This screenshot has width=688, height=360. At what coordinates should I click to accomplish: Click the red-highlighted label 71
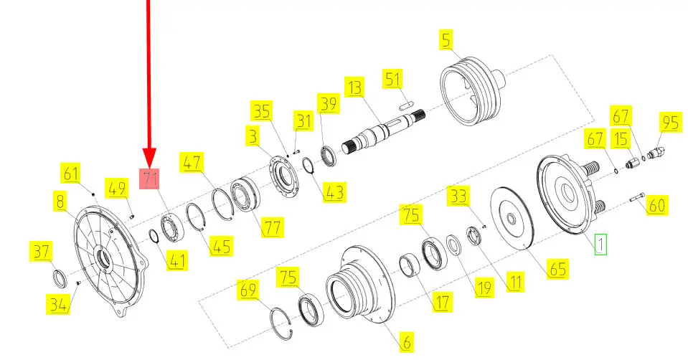click(x=149, y=179)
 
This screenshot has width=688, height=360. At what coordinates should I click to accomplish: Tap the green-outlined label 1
click(x=600, y=245)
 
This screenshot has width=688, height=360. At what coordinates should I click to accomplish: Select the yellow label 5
click(x=446, y=39)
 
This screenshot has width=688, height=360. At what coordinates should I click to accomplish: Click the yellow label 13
click(x=354, y=87)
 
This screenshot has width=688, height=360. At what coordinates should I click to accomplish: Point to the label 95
click(x=671, y=122)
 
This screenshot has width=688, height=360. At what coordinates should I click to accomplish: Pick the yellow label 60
click(x=656, y=205)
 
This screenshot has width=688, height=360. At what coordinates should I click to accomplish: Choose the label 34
click(x=57, y=304)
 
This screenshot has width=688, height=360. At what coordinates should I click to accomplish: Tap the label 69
click(x=248, y=290)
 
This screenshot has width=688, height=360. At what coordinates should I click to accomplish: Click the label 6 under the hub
click(x=406, y=341)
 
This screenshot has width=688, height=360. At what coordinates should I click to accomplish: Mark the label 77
click(x=272, y=227)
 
